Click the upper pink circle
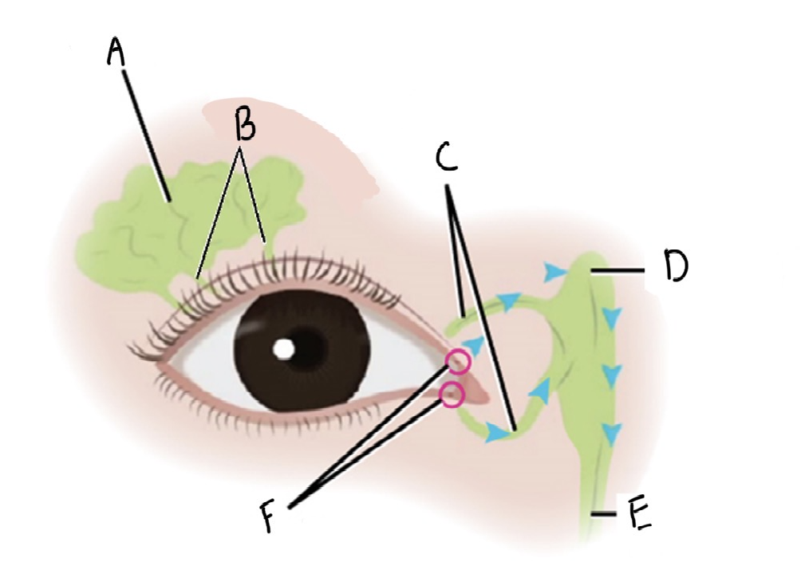pos(459,363)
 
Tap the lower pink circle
pos(452,394)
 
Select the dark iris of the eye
pos(319,375)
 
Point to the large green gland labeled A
pos(136,231)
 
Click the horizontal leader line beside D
pos(618,271)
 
